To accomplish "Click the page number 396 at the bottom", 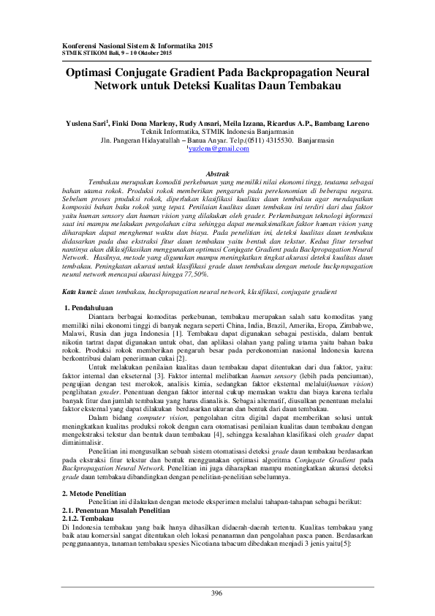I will [217, 593].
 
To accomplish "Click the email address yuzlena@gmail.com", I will [219, 148].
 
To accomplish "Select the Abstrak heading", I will [217, 173].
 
